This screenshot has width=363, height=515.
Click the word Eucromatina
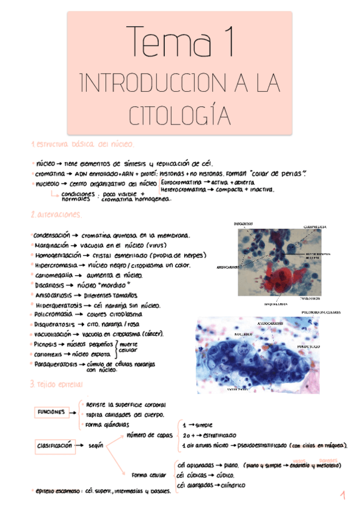180,182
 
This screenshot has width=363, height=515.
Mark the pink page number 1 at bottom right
342,496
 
